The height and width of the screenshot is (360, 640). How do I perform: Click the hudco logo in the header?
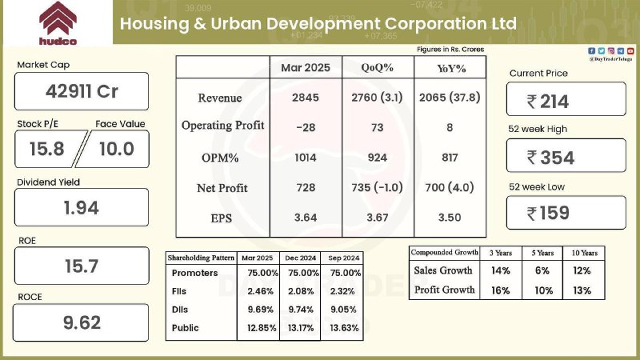click(58, 23)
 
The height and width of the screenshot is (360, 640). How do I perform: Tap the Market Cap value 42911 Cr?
click(82, 91)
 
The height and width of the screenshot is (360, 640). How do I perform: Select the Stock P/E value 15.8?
click(46, 149)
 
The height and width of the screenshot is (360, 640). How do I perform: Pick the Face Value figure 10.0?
click(116, 149)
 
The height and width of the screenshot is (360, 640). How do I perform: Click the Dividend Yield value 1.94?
click(82, 208)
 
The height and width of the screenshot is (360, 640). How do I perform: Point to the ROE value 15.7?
click(82, 266)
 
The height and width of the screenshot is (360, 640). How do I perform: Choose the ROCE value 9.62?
click(82, 323)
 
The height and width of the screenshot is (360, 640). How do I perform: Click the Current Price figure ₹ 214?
click(547, 102)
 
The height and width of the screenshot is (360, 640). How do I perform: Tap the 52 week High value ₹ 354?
click(550, 158)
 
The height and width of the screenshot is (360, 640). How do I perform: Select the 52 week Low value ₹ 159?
click(548, 213)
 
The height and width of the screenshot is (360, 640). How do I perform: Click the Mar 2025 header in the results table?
click(306, 68)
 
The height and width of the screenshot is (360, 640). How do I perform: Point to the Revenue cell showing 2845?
click(306, 98)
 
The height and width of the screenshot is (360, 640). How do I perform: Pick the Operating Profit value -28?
click(306, 127)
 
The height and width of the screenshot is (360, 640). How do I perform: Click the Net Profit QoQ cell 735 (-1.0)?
click(377, 187)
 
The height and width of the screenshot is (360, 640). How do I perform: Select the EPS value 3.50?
click(450, 218)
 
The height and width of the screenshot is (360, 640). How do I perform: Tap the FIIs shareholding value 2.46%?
click(261, 291)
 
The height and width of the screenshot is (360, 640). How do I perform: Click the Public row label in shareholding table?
click(185, 328)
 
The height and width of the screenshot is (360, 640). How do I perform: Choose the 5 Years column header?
click(542, 253)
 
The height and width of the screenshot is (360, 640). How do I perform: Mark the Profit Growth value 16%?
click(501, 290)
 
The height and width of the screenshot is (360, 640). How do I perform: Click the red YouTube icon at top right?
click(630, 51)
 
